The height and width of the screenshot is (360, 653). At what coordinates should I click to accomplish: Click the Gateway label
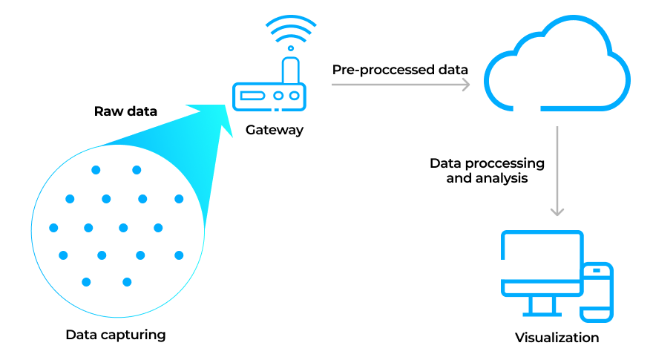(x=275, y=130)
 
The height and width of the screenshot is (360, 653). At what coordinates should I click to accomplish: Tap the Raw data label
(x=125, y=111)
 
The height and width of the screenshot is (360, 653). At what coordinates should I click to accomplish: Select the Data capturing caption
(x=115, y=335)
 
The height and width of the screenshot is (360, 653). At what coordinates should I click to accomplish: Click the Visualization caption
(x=557, y=338)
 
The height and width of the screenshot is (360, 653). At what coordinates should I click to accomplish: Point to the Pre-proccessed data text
(x=400, y=70)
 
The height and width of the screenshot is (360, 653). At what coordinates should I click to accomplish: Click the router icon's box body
(x=269, y=96)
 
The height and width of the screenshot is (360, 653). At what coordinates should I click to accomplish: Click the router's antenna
(x=291, y=71)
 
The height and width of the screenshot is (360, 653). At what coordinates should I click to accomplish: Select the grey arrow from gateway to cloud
(x=401, y=85)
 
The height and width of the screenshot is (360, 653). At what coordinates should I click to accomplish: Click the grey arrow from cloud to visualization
(x=557, y=171)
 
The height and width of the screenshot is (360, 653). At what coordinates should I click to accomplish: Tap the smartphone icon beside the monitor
(x=597, y=292)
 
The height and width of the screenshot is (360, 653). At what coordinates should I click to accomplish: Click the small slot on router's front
(x=253, y=96)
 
